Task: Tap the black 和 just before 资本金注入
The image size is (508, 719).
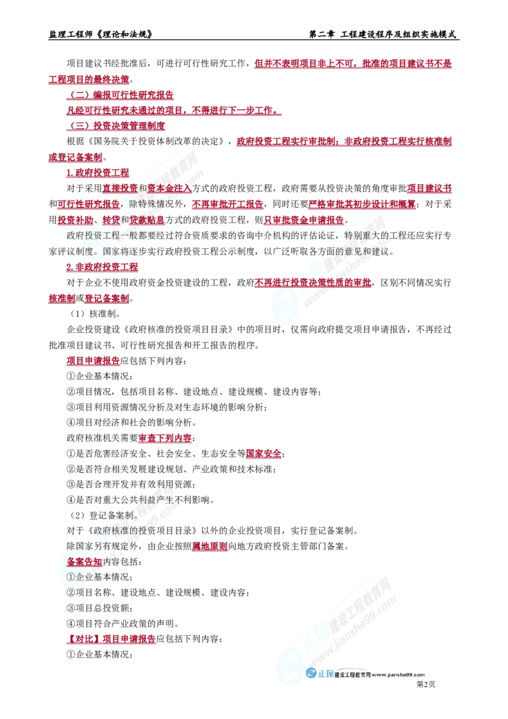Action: [x=142, y=188]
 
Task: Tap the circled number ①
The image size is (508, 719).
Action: [x=70, y=577]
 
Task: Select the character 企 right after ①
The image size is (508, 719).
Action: [x=79, y=577]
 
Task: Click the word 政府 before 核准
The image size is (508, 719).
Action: [x=102, y=530]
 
